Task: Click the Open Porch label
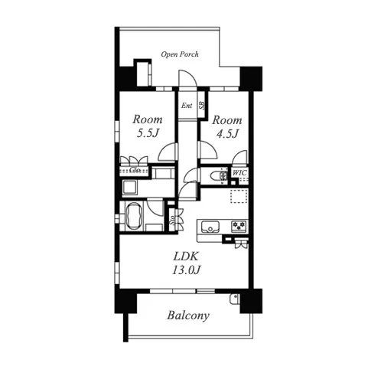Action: [180, 54]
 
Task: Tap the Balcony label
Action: [188, 315]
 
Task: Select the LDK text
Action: [186, 257]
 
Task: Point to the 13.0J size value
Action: [186, 270]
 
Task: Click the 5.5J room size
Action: [148, 133]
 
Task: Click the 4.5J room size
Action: [227, 133]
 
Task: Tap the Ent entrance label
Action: [187, 106]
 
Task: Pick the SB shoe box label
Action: [202, 105]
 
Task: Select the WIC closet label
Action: [239, 173]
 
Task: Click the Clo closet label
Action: [135, 169]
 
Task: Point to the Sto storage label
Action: [172, 221]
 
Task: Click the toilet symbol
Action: [219, 175]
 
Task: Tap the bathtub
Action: [134, 217]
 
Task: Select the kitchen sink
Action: [210, 227]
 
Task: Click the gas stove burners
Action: [239, 227]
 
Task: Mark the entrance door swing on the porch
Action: [187, 78]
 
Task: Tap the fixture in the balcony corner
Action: [234, 299]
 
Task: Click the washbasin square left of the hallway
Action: [130, 188]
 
